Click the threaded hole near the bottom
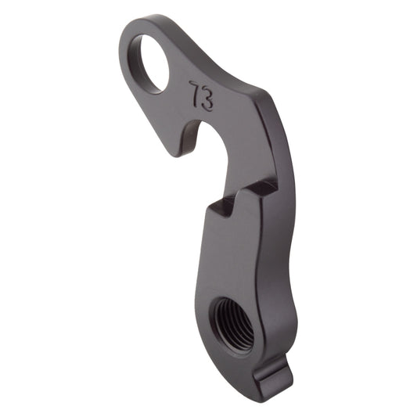point(232,322)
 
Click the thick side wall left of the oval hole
point(125,59)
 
